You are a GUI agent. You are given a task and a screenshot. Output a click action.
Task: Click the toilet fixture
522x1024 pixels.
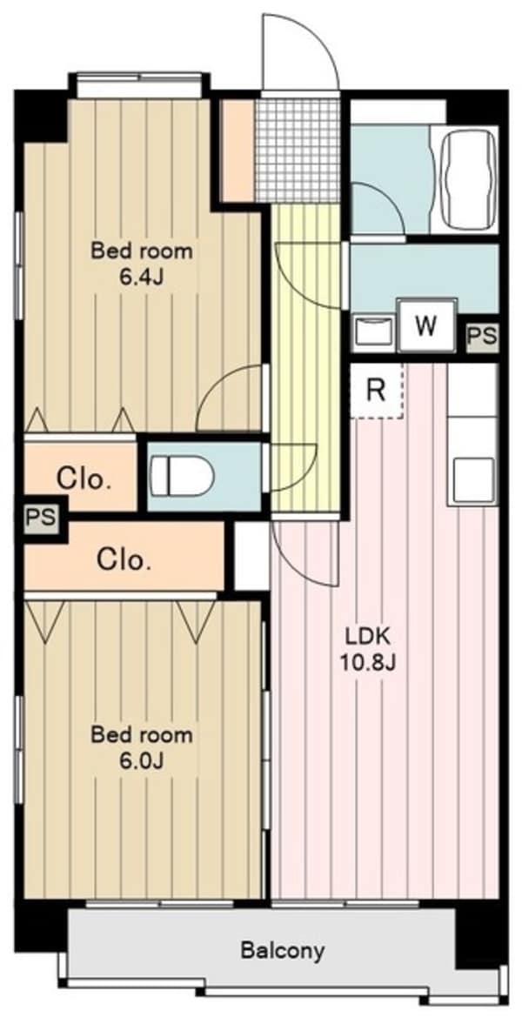[182, 475]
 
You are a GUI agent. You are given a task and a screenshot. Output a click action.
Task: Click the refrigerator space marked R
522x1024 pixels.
[377, 391]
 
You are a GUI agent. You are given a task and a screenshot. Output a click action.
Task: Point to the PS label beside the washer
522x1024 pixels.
[482, 338]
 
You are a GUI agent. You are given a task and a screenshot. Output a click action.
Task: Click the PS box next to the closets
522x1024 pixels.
[39, 519]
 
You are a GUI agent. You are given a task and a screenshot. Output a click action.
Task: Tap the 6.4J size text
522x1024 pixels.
[141, 278]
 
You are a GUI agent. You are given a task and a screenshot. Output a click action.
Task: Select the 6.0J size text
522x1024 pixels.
[141, 760]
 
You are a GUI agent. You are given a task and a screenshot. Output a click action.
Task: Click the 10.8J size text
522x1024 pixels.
[368, 664]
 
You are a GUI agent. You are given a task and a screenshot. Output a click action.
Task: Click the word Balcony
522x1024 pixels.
[282, 950]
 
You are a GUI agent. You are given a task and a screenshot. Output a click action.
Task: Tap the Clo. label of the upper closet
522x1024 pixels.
[83, 480]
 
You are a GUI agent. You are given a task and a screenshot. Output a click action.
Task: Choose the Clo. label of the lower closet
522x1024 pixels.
[124, 559]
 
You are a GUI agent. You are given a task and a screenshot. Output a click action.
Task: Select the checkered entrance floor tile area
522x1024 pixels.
[298, 151]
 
